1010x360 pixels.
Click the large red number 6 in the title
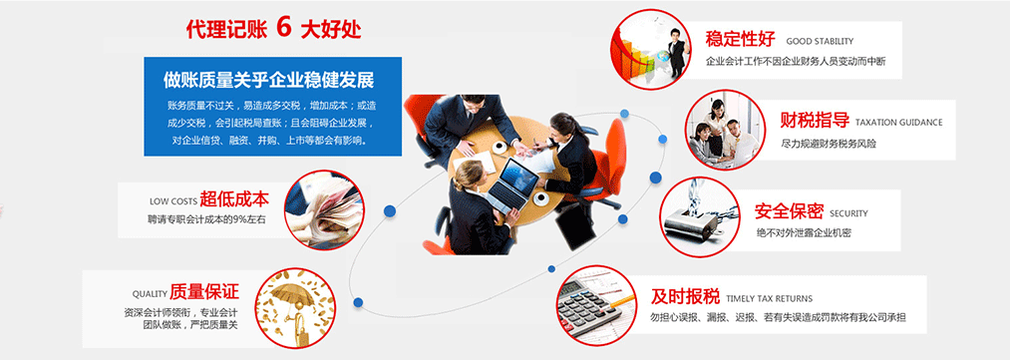[x=283, y=27]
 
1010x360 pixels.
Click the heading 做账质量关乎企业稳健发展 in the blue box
[x=268, y=81]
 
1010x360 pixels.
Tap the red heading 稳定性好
[x=740, y=39]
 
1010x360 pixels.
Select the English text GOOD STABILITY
[x=820, y=41]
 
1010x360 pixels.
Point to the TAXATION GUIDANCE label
[x=898, y=123]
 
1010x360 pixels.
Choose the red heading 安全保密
[x=789, y=211]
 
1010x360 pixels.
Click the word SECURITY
[x=848, y=213]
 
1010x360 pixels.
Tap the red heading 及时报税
[x=685, y=297]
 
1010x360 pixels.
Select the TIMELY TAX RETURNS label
[x=769, y=299]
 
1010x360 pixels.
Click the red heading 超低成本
[x=234, y=199]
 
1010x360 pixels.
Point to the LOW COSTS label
[x=173, y=200]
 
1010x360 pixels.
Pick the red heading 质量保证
[x=204, y=292]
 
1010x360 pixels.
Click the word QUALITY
[x=150, y=294]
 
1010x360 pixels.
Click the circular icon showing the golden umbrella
[x=294, y=308]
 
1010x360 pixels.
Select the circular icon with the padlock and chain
[x=700, y=217]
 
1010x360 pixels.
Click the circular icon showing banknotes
[x=324, y=209]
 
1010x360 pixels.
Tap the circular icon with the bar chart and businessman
[x=651, y=49]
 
